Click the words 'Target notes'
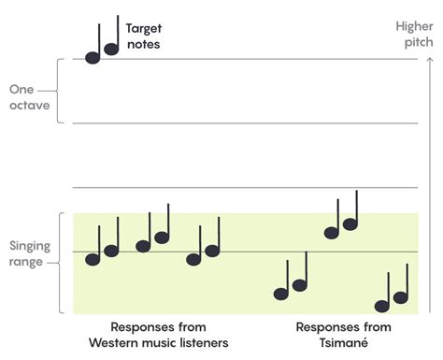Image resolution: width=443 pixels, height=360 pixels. [144, 36]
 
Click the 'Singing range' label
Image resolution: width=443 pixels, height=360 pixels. [29, 252]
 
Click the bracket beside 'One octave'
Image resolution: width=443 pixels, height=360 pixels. [59, 92]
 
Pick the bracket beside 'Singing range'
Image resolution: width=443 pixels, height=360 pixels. [60, 264]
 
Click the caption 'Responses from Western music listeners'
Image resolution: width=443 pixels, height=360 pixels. [158, 335]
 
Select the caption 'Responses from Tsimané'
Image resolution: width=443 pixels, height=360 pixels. [342, 335]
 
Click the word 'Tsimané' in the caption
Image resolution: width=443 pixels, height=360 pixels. [343, 342]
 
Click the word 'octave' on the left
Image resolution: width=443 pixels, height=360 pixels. [29, 106]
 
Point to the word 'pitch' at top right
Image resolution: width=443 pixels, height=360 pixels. [417, 43]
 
